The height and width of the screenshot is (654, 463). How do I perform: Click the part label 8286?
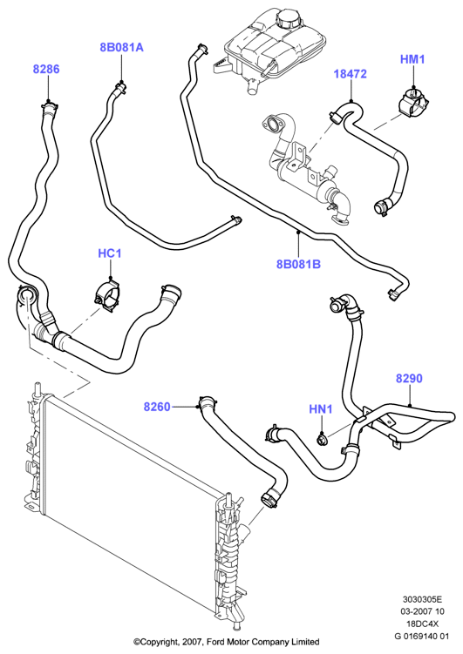click(x=46, y=70)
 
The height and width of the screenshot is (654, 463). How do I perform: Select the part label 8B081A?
click(x=121, y=48)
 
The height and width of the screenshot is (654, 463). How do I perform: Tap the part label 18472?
click(x=350, y=74)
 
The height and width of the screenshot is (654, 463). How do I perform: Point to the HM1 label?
click(x=412, y=59)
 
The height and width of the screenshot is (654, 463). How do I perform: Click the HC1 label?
click(x=110, y=253)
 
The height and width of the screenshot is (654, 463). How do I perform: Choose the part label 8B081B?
click(x=298, y=264)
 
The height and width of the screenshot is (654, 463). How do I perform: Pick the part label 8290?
click(x=409, y=378)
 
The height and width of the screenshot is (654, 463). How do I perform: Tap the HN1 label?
click(x=321, y=409)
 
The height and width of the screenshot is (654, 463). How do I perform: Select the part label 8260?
click(x=157, y=407)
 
